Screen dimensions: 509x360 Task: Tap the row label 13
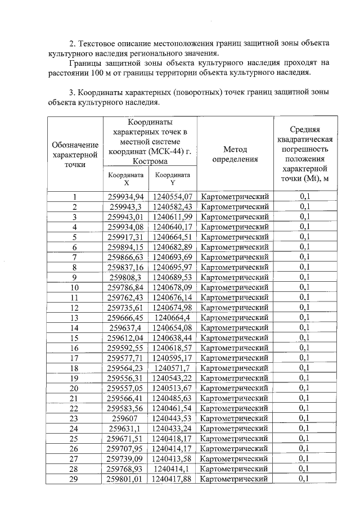click(x=74, y=317)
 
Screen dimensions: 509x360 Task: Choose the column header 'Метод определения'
click(x=235, y=154)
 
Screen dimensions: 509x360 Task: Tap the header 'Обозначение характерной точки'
click(x=74, y=154)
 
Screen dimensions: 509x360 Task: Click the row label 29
click(x=74, y=479)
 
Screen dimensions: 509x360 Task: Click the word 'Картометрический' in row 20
click(x=235, y=388)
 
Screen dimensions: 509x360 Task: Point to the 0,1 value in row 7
click(x=305, y=256)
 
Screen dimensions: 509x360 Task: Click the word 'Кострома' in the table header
click(x=150, y=161)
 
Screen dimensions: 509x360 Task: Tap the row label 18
click(x=74, y=367)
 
